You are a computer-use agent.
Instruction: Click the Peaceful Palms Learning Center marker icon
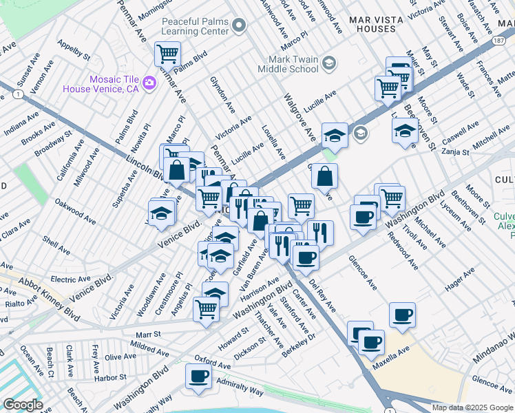(240, 26)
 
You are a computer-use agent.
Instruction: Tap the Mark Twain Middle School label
(287, 64)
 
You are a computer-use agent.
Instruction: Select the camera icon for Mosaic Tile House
(149, 83)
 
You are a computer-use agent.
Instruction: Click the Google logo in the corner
(23, 405)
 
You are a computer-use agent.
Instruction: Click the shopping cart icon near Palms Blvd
(167, 53)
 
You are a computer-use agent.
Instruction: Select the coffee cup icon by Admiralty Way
(199, 377)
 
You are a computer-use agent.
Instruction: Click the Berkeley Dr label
(303, 341)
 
